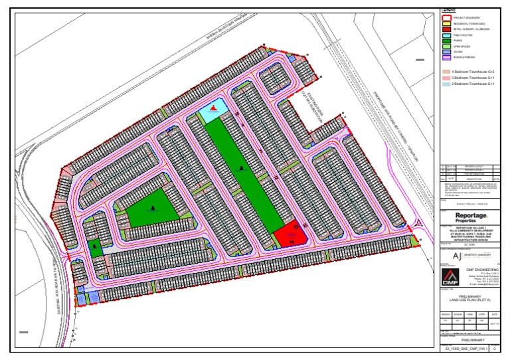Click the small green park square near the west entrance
coord(96,249)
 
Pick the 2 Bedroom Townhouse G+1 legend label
coord(472,84)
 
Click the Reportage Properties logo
coord(471,217)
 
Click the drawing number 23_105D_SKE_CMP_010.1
coord(466,347)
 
